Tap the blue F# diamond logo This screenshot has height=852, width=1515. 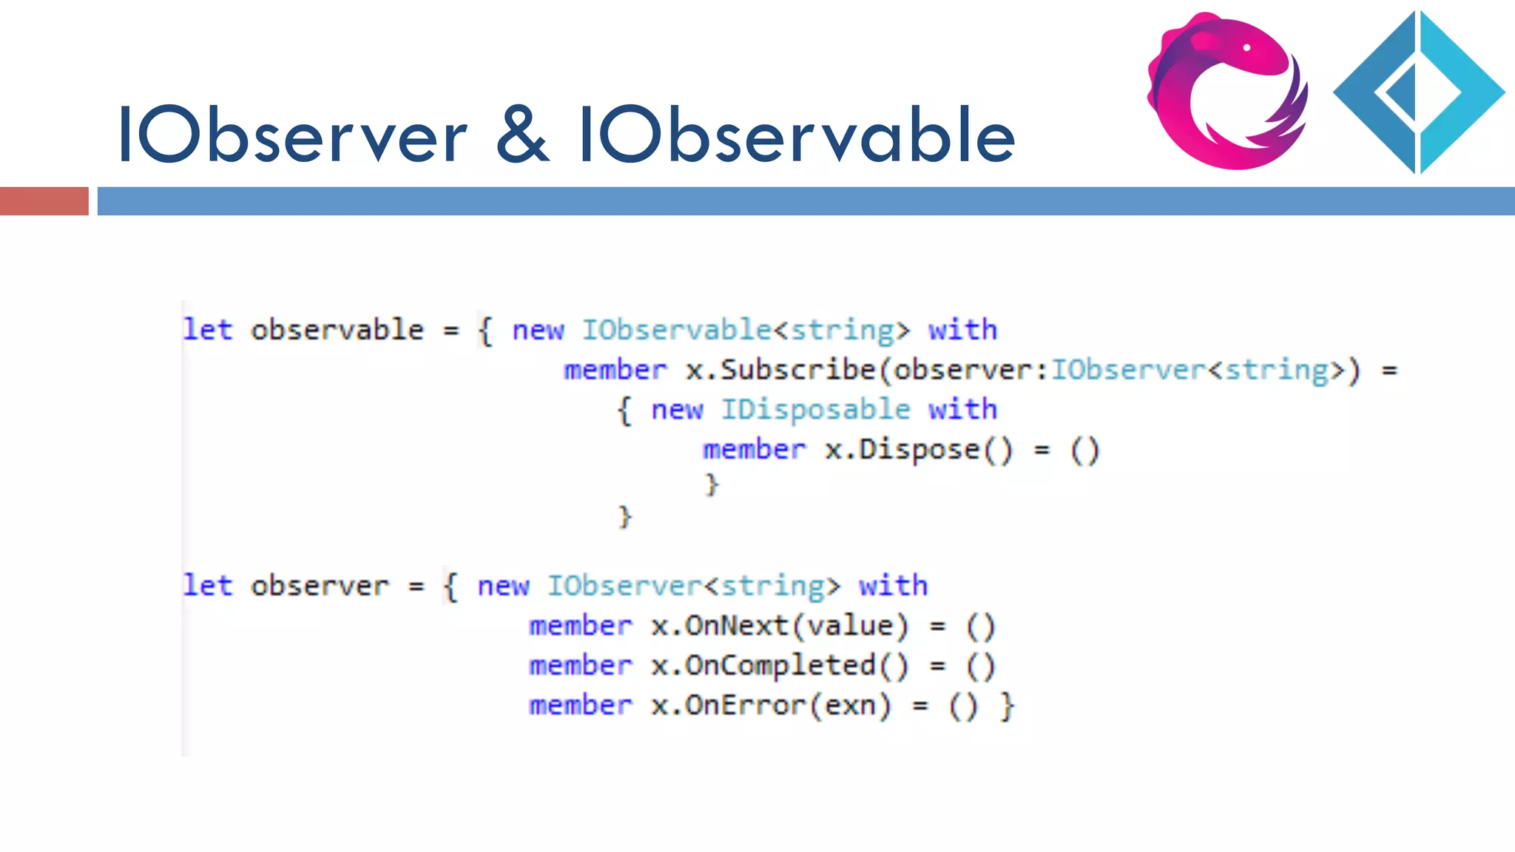pyautogui.click(x=1418, y=92)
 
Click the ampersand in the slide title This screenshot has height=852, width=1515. pyautogui.click(x=522, y=135)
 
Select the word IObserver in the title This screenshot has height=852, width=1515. pyautogui.click(x=293, y=135)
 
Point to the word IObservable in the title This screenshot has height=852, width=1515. pyautogui.click(x=797, y=135)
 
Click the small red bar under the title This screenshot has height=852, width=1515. pyautogui.click(x=44, y=201)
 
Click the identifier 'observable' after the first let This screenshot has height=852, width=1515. pyautogui.click(x=337, y=330)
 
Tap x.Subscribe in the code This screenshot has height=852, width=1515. pyautogui.click(x=780, y=370)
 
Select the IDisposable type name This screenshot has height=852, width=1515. pyautogui.click(x=815, y=410)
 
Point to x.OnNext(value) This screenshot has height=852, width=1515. pyautogui.click(x=779, y=626)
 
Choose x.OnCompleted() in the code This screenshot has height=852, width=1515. pyautogui.click(x=779, y=666)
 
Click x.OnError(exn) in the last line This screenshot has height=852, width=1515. pyautogui.click(x=771, y=706)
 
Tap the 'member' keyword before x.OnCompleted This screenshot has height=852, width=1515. pyautogui.click(x=581, y=666)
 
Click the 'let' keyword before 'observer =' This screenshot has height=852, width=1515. pyautogui.click(x=208, y=586)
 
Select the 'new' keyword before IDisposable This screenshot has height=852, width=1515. pyautogui.click(x=677, y=410)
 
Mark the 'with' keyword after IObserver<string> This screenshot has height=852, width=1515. pyautogui.click(x=893, y=586)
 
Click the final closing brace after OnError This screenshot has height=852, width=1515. pyautogui.click(x=1006, y=706)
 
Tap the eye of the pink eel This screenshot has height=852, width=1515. pyautogui.click(x=1246, y=48)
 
